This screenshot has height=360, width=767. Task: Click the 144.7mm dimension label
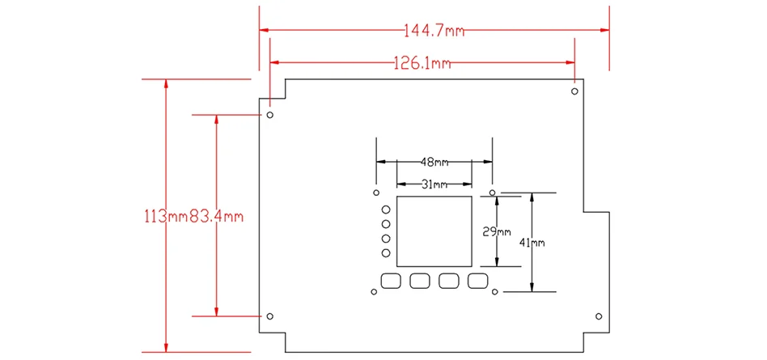click(x=433, y=32)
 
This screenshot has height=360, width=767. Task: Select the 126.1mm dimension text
click(x=422, y=62)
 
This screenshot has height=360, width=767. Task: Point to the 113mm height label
click(x=165, y=217)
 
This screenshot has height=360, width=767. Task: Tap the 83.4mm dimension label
click(x=216, y=217)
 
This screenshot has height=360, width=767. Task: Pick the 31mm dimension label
click(x=434, y=184)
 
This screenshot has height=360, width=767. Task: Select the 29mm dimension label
click(x=497, y=231)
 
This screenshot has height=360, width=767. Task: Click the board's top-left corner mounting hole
click(x=270, y=114)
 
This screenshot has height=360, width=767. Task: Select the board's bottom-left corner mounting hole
click(x=270, y=316)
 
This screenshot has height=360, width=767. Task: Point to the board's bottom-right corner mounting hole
click(x=599, y=316)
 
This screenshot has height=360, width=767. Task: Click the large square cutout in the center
click(x=434, y=231)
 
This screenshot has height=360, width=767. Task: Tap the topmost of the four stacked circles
click(x=386, y=210)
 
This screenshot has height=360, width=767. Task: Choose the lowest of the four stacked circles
click(x=386, y=254)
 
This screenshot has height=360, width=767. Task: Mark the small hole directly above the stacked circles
click(x=375, y=193)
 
